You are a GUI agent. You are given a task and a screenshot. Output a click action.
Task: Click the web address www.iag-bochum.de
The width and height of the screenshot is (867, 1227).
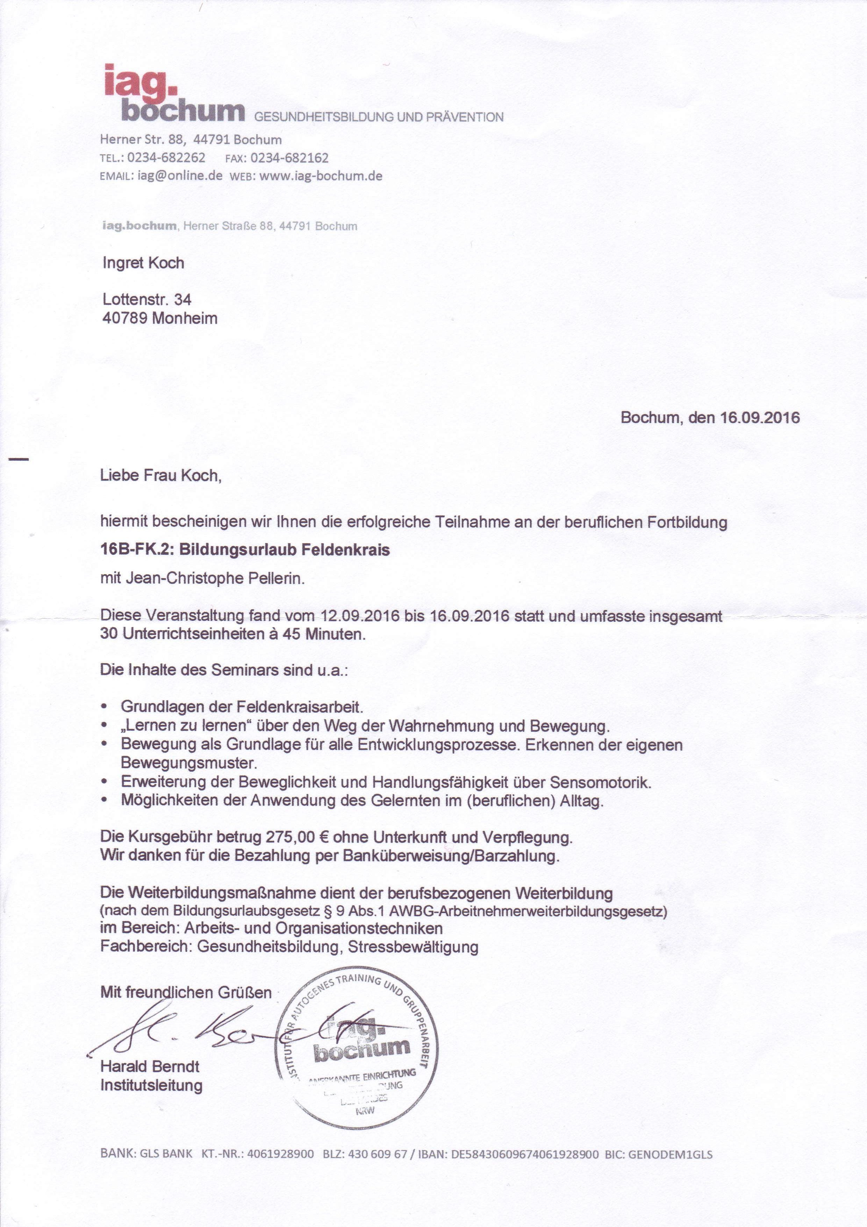321,176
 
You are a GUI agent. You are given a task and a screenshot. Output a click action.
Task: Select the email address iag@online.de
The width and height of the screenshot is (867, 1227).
180,176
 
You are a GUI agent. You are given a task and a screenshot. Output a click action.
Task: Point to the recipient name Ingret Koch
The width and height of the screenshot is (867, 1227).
143,263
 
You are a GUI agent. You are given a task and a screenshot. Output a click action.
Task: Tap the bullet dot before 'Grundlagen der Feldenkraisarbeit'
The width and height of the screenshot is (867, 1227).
105,707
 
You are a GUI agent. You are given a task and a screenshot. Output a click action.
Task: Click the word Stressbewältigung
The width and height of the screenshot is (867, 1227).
413,947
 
